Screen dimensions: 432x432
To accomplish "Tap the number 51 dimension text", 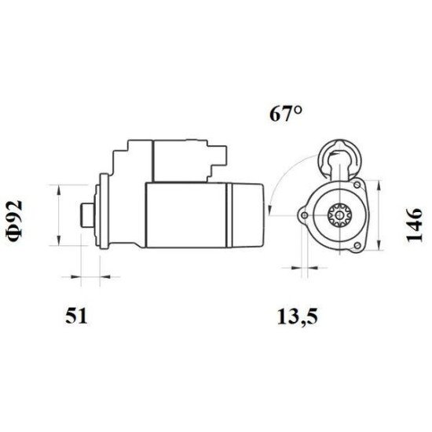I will pyautogui.click(x=75, y=317).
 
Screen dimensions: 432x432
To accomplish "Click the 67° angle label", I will pyautogui.click(x=287, y=115).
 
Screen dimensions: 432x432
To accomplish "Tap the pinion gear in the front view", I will pyautogui.click(x=340, y=214).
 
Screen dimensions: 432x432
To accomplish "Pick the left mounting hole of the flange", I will pyautogui.click(x=302, y=214).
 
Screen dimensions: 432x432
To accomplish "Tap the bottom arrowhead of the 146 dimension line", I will pyautogui.click(x=381, y=250).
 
